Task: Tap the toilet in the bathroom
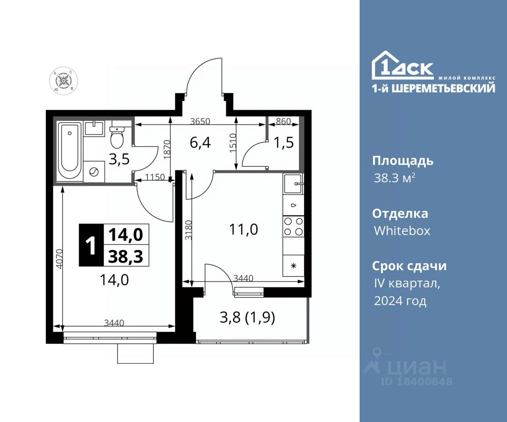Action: pos(117,137)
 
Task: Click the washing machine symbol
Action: pos(94,172)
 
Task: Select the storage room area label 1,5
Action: pos(283,143)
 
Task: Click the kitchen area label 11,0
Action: pos(243,230)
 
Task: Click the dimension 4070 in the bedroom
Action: pos(59,259)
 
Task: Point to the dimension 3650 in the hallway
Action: pos(200,121)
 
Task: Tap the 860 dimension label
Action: pos(283,121)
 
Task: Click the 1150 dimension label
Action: pos(155,177)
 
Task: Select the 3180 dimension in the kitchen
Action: pos(188,230)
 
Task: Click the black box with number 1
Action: pos(91,245)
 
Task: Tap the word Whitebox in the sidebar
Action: pos(402,231)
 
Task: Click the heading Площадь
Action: pos(403,161)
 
